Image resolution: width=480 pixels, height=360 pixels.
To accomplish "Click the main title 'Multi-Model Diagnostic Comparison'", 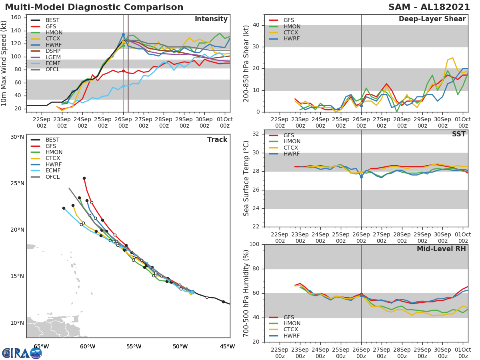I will click(94, 7).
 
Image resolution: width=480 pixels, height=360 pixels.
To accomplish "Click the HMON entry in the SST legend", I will click(292, 142).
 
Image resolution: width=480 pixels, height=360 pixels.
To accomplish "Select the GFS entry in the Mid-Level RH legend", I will click(288, 317).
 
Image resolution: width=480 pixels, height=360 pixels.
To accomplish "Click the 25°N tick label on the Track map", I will click(17, 184).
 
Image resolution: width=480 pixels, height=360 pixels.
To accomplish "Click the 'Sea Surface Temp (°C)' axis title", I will click(246, 178).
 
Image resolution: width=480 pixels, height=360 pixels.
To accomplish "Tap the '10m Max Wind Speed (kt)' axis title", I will click(4, 63).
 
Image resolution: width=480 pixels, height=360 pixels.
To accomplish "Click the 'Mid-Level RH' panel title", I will click(441, 249).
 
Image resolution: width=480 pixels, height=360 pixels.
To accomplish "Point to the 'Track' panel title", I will click(217, 140).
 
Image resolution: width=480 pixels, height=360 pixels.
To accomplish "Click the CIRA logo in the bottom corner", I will click(22, 353).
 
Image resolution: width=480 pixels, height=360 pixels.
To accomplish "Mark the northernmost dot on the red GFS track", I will click(84, 178).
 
